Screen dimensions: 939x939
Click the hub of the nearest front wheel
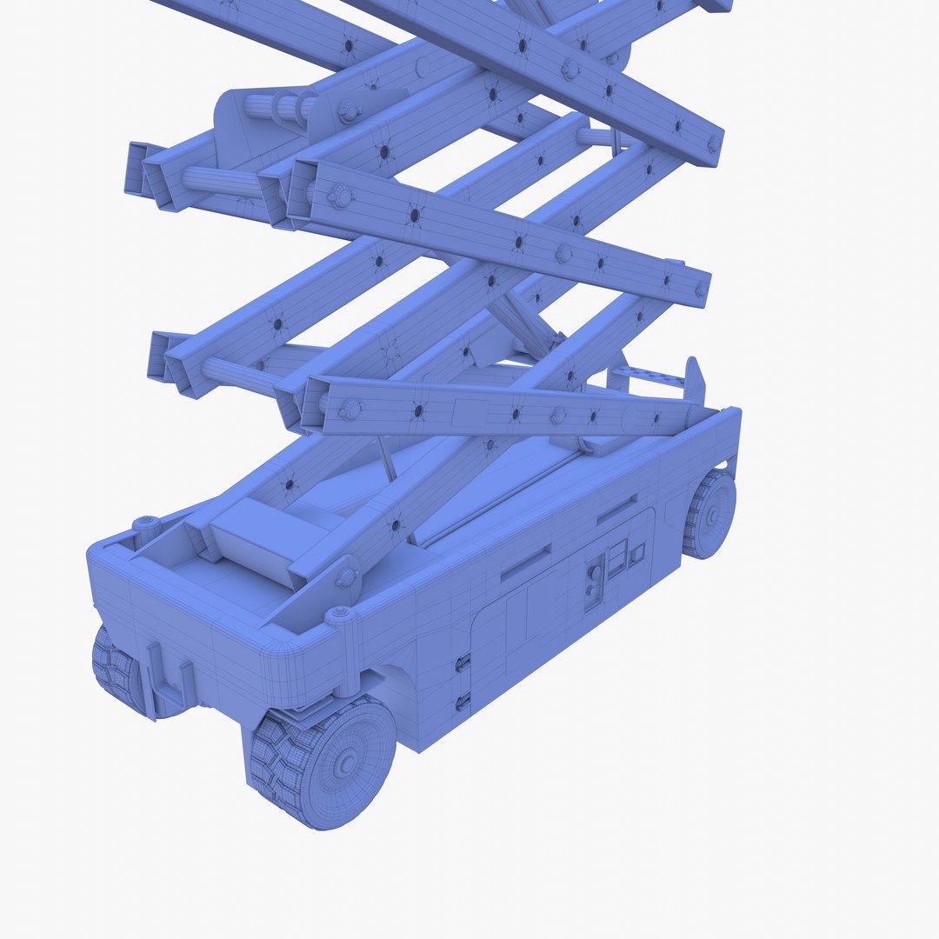point(345,764)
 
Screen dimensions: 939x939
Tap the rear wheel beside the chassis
point(710,515)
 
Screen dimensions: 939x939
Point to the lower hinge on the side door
point(463,701)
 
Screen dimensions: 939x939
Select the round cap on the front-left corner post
point(145,523)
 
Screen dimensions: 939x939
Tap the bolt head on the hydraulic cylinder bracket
point(350,110)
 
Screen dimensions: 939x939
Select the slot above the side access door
point(525,564)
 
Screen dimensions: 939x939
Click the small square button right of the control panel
point(637,553)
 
